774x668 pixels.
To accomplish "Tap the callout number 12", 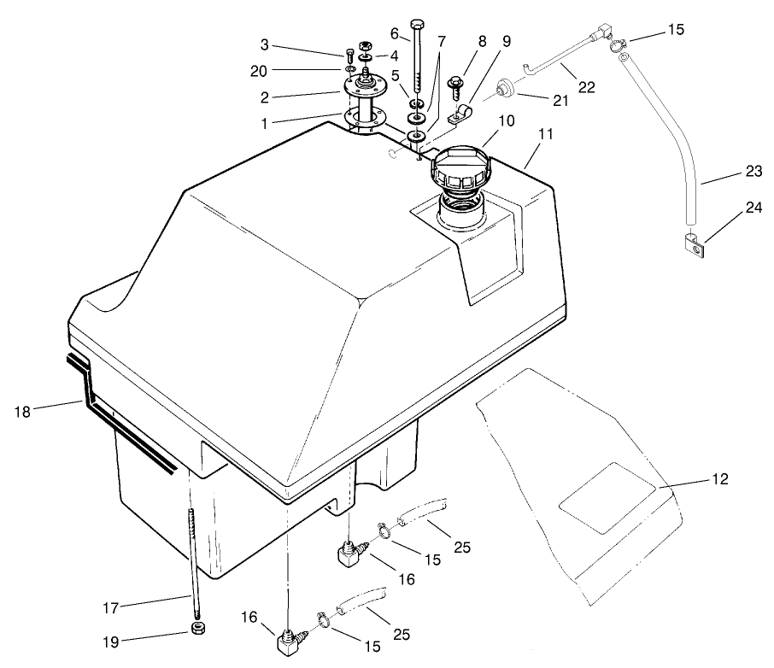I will (x=720, y=479).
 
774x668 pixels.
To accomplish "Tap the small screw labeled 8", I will (x=454, y=86).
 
